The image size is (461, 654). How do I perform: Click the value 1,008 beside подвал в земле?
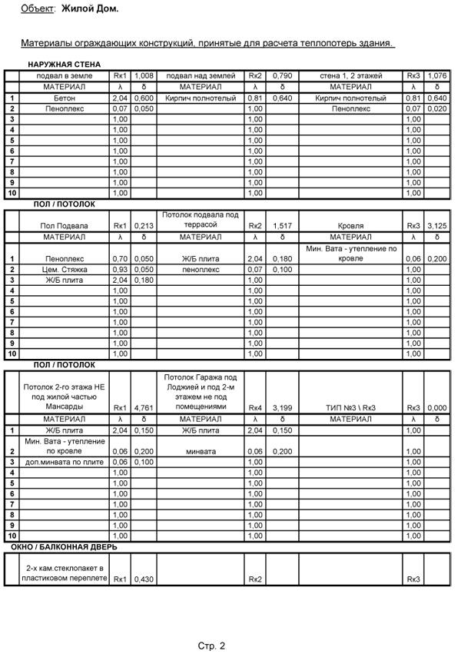point(144,77)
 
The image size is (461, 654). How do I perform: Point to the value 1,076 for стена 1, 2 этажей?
point(436,77)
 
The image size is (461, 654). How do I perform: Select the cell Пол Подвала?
point(65,226)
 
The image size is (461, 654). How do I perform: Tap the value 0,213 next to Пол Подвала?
point(144,226)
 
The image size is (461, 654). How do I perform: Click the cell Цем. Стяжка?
point(65,271)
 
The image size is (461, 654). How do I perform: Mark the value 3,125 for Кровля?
point(436,226)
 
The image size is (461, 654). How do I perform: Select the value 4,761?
point(144,407)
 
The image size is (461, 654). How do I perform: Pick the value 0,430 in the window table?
point(144,579)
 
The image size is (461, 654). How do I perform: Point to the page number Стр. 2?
point(211,646)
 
